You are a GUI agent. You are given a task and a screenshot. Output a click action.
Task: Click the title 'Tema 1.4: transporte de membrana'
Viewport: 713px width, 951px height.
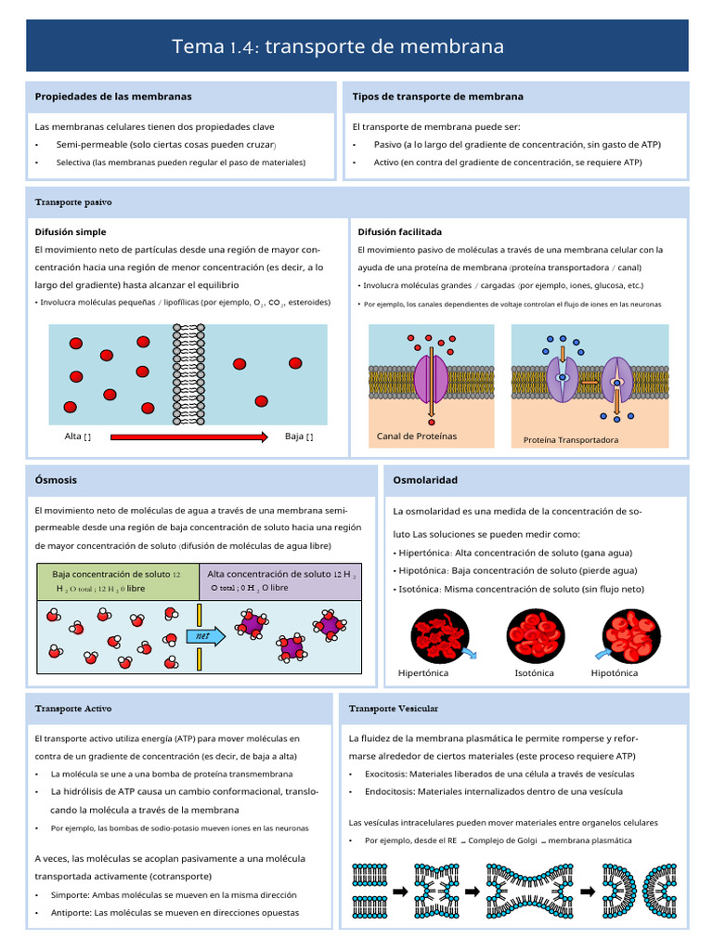[338, 46]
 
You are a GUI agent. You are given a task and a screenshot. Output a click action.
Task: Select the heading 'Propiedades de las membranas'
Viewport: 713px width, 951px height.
[113, 97]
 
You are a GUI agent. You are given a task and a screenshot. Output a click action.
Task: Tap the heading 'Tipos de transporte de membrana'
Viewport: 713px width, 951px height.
[437, 97]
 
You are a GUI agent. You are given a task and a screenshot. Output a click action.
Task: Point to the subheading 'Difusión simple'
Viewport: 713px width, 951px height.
[71, 232]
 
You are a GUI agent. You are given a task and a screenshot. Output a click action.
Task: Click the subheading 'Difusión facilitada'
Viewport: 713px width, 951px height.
[399, 232]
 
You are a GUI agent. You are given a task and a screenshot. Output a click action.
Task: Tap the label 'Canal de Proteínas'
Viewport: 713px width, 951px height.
[417, 436]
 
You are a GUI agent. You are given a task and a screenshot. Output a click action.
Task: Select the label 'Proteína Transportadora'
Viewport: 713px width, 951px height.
[571, 440]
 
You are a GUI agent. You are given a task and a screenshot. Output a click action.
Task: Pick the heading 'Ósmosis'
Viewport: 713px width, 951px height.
[56, 480]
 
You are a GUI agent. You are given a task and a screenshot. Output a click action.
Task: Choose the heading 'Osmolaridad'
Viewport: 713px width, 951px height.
[425, 480]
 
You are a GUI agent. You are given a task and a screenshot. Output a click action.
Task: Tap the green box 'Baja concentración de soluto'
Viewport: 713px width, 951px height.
[117, 581]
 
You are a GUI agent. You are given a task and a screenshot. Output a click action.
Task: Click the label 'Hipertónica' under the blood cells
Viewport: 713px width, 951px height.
[423, 673]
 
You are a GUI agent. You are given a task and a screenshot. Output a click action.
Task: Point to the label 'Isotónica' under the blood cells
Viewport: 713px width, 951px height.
[534, 673]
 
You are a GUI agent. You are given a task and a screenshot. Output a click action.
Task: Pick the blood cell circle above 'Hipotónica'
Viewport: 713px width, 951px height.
[631, 633]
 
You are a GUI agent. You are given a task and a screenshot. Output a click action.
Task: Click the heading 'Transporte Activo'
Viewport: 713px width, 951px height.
[73, 709]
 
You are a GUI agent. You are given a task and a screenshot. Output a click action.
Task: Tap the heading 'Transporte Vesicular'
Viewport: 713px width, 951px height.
[394, 709]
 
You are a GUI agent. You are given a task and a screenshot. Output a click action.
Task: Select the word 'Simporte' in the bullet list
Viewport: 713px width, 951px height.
[72, 895]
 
